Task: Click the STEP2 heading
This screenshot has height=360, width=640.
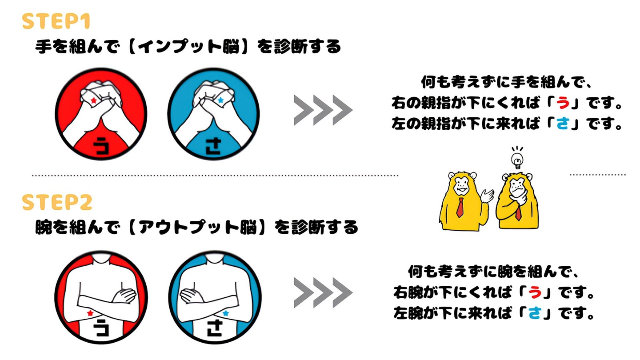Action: click(x=57, y=203)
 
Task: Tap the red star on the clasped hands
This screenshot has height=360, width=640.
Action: click(x=93, y=101)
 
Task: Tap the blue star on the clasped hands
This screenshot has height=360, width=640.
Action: click(x=220, y=100)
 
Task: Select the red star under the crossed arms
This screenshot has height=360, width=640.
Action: click(x=91, y=313)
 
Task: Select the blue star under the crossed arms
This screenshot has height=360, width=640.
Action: click(x=225, y=313)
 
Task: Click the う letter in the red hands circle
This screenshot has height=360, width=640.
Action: click(x=102, y=145)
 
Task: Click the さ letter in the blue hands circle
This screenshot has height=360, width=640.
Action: click(x=214, y=146)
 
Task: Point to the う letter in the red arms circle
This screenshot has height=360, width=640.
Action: click(x=101, y=329)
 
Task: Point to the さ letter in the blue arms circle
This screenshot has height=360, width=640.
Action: click(x=215, y=329)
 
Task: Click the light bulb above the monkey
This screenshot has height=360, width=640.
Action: click(x=517, y=158)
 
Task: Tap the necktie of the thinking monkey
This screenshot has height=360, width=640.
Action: click(x=518, y=211)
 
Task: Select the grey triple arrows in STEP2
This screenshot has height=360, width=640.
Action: click(x=323, y=293)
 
